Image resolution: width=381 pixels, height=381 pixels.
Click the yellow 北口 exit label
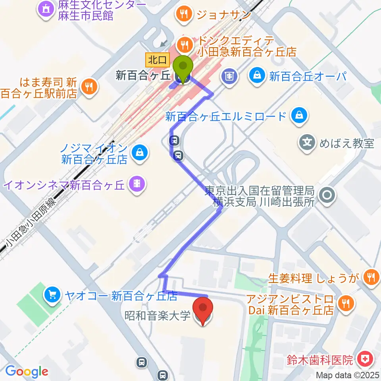pyautogui.click(x=158, y=60)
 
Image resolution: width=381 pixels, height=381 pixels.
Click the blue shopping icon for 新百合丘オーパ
pyautogui.click(x=258, y=75)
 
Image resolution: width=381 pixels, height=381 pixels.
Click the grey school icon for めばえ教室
pyautogui.click(x=308, y=142)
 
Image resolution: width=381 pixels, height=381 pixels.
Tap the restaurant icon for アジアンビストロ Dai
pyautogui.click(x=345, y=304)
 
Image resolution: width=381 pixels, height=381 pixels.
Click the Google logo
pyautogui.click(x=26, y=371)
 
